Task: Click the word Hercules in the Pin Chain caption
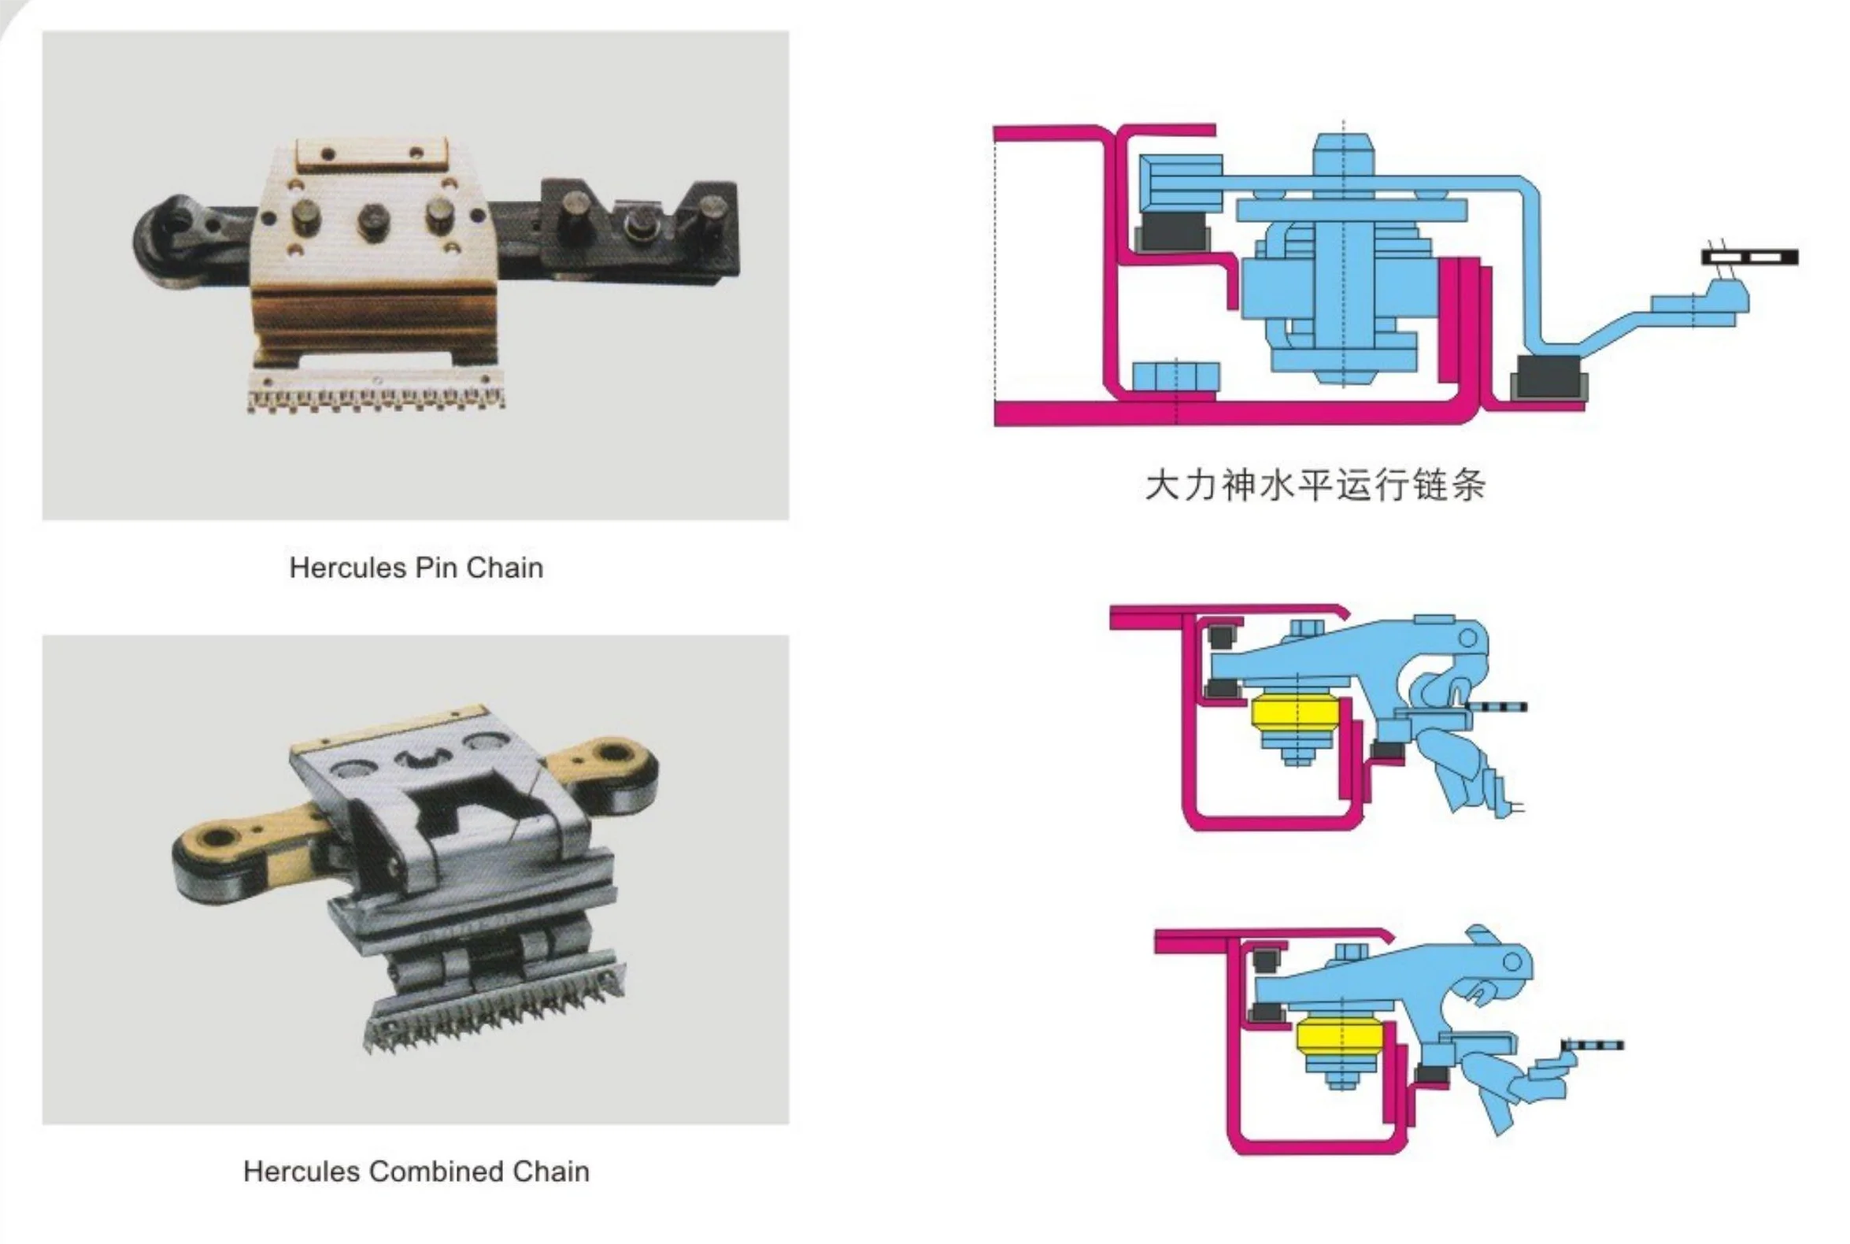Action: click(348, 568)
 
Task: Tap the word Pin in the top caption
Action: click(436, 568)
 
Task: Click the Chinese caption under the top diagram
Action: click(1315, 485)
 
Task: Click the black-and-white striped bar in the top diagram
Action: click(1749, 257)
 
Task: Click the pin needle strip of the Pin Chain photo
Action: click(376, 394)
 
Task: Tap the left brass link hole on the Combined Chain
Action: click(216, 836)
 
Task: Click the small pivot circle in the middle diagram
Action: click(1467, 638)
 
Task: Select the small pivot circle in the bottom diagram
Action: click(1512, 961)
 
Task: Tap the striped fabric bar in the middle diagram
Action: click(1497, 707)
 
